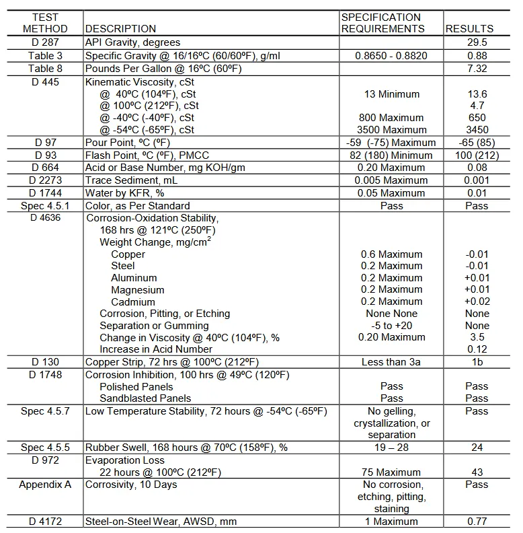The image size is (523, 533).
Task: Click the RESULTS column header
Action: [x=469, y=29]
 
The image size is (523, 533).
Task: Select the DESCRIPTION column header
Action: [x=120, y=29]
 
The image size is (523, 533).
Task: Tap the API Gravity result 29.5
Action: [x=477, y=42]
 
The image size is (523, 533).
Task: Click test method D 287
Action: [x=45, y=42]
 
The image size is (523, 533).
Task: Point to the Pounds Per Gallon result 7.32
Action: [x=477, y=69]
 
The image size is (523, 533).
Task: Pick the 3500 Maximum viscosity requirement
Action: [x=391, y=130]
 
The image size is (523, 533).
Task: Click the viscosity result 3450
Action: [x=477, y=130]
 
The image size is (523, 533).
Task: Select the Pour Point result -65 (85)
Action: [x=477, y=143]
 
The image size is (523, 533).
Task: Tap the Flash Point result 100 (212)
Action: [x=477, y=155]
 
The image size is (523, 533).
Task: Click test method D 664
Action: [x=45, y=168]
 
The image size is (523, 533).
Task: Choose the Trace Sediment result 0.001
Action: [x=477, y=180]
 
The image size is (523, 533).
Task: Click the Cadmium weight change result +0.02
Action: [x=477, y=302]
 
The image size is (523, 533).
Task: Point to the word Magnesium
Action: [x=138, y=290]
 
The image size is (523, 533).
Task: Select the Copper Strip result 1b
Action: [x=477, y=362]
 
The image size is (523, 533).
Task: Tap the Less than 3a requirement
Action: [x=391, y=362]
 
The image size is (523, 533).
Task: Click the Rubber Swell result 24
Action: [x=477, y=448]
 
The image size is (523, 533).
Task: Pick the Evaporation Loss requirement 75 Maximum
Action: [x=391, y=472]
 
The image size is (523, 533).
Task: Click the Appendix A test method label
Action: [x=45, y=485]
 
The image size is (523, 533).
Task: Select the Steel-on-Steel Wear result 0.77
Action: [x=477, y=521]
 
